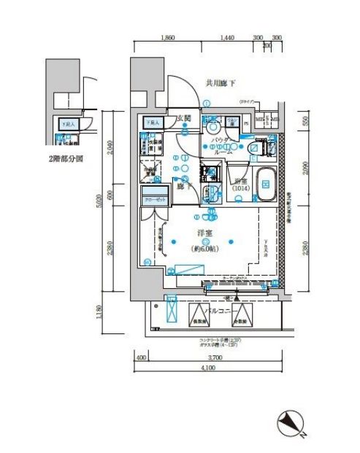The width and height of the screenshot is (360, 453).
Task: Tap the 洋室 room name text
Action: (x=204, y=233)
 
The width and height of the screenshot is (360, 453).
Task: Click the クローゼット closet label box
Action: (x=154, y=198)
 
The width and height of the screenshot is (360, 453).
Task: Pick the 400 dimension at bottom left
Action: (x=140, y=357)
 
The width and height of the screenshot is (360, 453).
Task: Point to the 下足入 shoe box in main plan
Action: (x=153, y=123)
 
